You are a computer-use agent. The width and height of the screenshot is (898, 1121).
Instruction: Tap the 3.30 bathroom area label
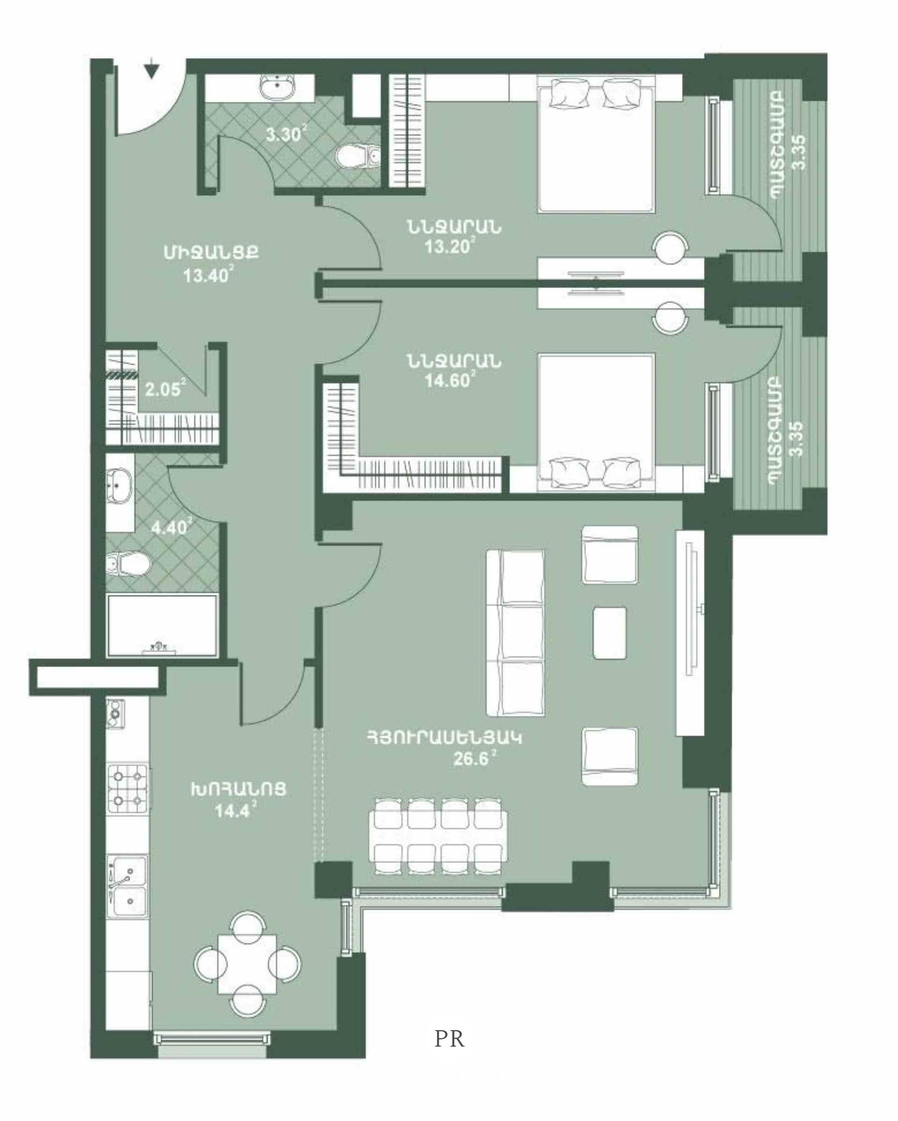[285, 134]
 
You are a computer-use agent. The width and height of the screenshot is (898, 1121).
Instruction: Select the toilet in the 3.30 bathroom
[359, 156]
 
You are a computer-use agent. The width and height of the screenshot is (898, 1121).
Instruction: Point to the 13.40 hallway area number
[206, 276]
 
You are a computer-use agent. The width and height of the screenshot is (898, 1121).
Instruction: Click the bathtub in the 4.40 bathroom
[162, 625]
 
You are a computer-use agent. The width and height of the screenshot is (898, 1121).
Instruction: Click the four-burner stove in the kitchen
[128, 789]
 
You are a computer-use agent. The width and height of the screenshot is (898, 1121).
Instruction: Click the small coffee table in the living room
[609, 633]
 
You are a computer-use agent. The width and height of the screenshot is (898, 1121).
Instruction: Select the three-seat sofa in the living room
[515, 633]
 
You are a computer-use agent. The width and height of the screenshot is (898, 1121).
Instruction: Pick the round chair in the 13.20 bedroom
[670, 248]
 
